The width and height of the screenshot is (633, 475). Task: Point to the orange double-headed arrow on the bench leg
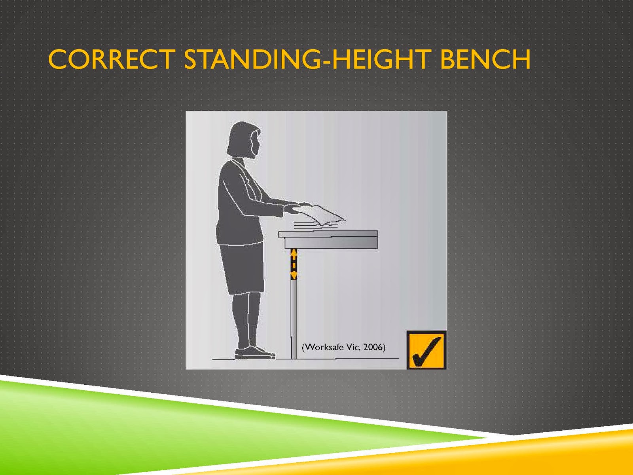(294, 264)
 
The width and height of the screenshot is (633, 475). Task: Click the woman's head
(244, 140)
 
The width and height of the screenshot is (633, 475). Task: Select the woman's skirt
(242, 269)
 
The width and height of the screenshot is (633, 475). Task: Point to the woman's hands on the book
(297, 208)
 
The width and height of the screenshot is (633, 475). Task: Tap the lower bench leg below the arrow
(294, 319)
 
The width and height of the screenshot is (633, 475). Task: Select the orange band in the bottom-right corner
(432, 458)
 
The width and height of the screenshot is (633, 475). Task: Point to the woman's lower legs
(247, 320)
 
